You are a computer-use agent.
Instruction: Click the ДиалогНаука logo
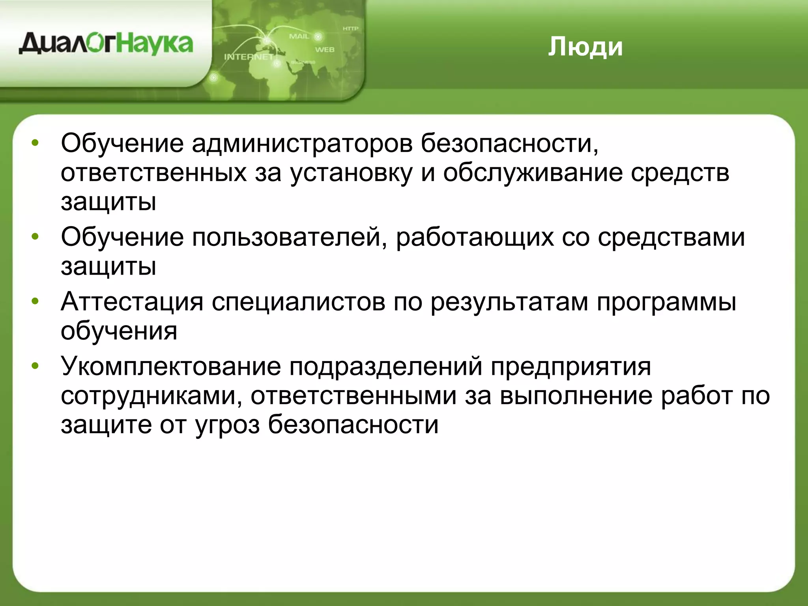(x=106, y=44)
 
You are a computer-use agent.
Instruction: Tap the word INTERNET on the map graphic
(x=248, y=57)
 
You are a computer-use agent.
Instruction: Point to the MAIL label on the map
(x=299, y=36)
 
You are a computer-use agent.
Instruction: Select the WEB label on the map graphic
(x=324, y=50)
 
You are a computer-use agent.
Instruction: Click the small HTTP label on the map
(x=350, y=28)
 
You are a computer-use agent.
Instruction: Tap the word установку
(x=351, y=173)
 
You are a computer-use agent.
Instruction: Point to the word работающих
(x=475, y=238)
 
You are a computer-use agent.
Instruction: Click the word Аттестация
(x=132, y=302)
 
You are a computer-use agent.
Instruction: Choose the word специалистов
(x=298, y=302)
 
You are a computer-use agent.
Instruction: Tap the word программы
(x=666, y=302)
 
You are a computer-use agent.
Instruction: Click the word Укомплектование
(x=171, y=366)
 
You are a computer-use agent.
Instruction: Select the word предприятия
(x=571, y=366)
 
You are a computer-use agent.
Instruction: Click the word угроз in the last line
(x=227, y=425)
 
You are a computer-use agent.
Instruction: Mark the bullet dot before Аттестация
(x=36, y=302)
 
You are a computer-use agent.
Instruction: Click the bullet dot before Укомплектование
(x=36, y=366)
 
